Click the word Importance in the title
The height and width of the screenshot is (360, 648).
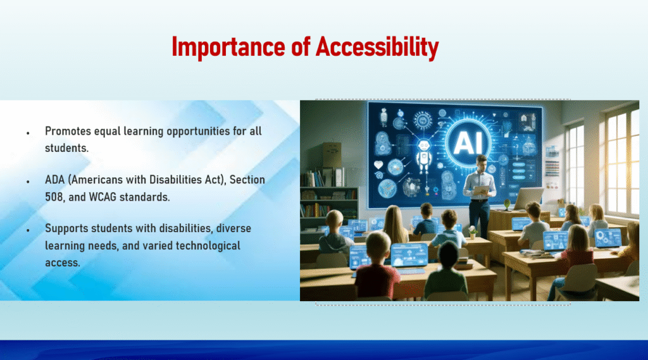[x=228, y=47]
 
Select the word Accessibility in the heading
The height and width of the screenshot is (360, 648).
[x=377, y=47]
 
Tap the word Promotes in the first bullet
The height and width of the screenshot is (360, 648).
[x=68, y=132]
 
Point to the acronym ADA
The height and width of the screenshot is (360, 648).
[x=55, y=180]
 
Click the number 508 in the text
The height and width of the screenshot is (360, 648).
[x=54, y=197]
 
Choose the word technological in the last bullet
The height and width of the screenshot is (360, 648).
[x=208, y=246]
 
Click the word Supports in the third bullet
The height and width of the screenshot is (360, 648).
[x=66, y=229]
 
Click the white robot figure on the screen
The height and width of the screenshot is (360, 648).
[x=423, y=156]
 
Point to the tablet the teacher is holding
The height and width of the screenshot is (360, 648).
[x=482, y=190]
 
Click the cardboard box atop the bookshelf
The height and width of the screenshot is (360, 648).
[x=332, y=154]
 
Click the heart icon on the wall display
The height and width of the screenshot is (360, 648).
[x=378, y=164]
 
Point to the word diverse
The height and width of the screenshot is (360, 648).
[x=234, y=228]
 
